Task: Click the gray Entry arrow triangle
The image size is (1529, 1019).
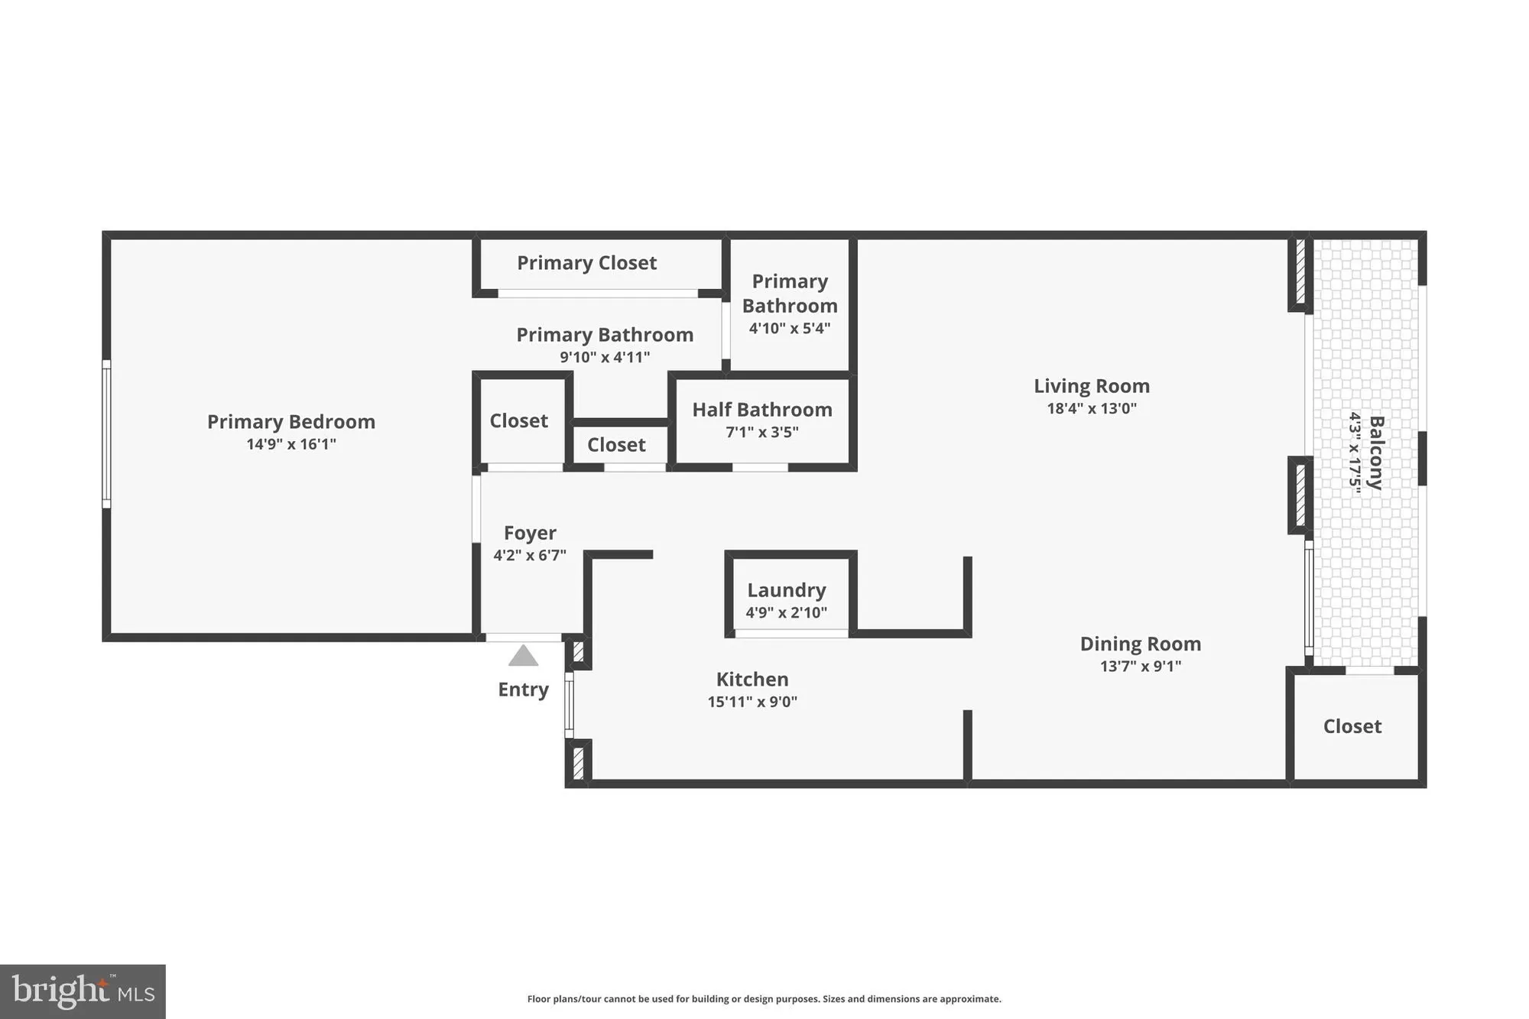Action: point(523,656)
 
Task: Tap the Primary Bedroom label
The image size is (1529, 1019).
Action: point(291,422)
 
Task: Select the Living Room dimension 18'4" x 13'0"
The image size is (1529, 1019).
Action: point(1092,408)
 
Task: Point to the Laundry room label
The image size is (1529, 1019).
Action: point(787,590)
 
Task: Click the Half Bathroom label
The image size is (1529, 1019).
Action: point(762,410)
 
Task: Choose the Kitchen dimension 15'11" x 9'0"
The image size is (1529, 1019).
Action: point(752,702)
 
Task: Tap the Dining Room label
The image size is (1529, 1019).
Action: point(1141,644)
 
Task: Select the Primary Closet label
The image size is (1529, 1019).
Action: point(586,263)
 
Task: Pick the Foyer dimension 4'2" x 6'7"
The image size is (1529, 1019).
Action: point(530,556)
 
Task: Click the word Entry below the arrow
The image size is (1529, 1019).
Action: point(523,690)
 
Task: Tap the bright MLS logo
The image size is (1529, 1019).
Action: point(83,991)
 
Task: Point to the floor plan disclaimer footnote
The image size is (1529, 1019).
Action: point(764,999)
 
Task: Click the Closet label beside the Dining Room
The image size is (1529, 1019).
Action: point(1352,726)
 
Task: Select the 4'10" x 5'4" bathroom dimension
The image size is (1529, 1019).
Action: point(790,329)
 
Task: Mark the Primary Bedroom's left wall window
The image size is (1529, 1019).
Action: point(107,434)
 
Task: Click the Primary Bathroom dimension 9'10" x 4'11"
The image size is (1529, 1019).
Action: point(605,357)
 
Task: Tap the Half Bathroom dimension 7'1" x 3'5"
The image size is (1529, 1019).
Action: point(762,433)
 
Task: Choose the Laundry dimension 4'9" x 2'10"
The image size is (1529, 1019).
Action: point(787,612)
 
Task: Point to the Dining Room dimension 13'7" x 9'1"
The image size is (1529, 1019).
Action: point(1141,666)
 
